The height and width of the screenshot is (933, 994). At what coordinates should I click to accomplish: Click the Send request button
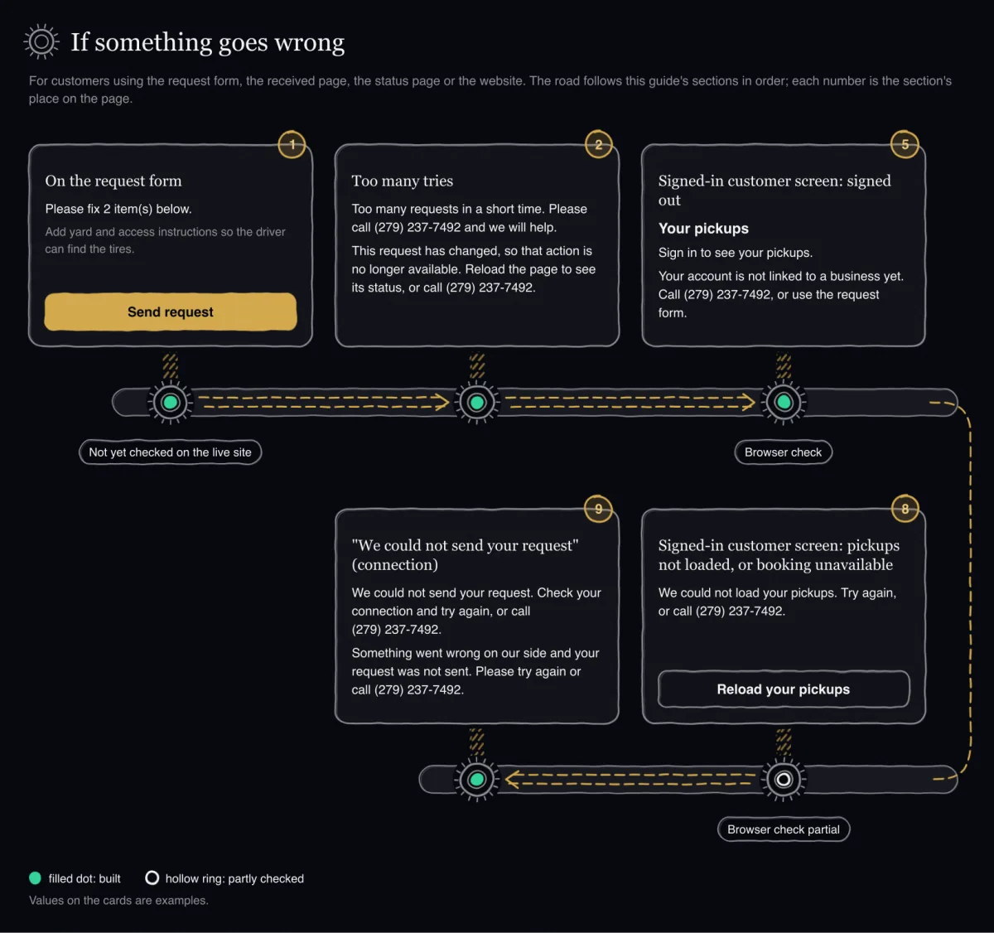[x=170, y=312]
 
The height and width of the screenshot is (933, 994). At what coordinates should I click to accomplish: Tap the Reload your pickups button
[x=784, y=689]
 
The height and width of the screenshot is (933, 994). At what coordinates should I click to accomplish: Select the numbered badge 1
[x=292, y=145]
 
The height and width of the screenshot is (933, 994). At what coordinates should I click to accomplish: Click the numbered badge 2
[x=599, y=145]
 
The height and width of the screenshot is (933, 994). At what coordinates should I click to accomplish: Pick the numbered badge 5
[x=905, y=145]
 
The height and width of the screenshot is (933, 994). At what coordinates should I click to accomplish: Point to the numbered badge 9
[x=599, y=509]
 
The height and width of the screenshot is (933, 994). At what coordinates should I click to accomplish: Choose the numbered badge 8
[x=905, y=509]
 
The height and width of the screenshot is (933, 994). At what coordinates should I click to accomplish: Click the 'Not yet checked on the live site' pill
[x=170, y=452]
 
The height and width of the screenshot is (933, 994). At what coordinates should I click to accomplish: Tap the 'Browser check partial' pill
[x=784, y=829]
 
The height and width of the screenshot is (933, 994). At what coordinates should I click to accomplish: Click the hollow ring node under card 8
[x=784, y=779]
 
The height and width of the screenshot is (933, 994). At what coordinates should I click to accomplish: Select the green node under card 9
[x=476, y=779]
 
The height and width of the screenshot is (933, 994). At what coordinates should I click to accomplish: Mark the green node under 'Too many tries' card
[x=476, y=402]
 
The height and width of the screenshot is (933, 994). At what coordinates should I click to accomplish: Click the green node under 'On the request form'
[x=170, y=402]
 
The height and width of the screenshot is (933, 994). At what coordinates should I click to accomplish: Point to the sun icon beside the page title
[x=41, y=41]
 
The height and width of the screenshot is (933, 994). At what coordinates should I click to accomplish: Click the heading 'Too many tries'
[x=402, y=181]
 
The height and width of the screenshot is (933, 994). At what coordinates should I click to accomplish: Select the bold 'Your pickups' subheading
[x=703, y=229]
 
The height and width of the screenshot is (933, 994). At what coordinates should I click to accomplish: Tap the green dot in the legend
[x=35, y=878]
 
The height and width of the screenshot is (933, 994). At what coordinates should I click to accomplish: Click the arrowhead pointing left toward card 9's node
[x=513, y=779]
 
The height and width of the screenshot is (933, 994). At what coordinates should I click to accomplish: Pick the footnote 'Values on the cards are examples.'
[x=118, y=901]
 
